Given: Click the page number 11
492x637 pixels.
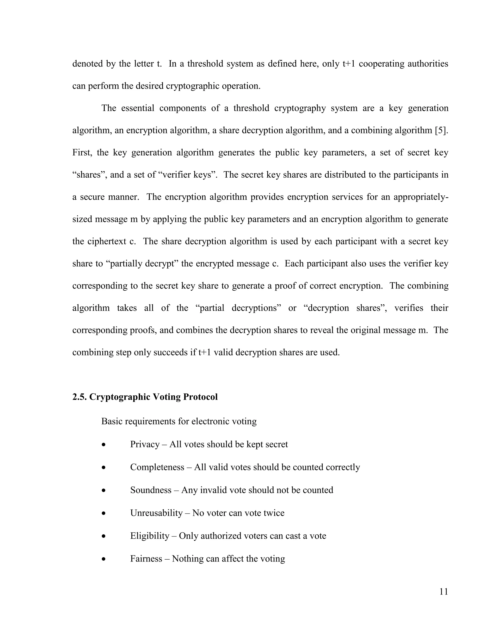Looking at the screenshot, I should click(x=443, y=592).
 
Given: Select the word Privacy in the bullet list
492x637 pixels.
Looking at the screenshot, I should click(x=145, y=444).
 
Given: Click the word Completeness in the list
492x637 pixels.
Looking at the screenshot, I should click(x=157, y=467).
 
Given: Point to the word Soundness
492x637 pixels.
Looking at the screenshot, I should click(x=151, y=490).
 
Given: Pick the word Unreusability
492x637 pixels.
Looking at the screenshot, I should click(x=156, y=513).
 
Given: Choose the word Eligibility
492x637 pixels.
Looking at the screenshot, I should click(x=149, y=536).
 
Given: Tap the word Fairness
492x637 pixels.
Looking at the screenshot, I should click(x=146, y=559).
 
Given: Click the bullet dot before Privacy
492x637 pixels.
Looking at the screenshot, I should click(x=104, y=445).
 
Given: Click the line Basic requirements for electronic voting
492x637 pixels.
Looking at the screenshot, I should click(x=179, y=421).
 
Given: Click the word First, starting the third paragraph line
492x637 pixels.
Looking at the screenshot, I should click(x=82, y=153).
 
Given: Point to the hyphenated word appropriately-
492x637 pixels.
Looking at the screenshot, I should click(x=421, y=197).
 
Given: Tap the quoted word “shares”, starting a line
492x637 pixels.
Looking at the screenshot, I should click(x=90, y=175).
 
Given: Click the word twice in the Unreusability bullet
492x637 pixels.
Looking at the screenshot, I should click(x=274, y=513).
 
